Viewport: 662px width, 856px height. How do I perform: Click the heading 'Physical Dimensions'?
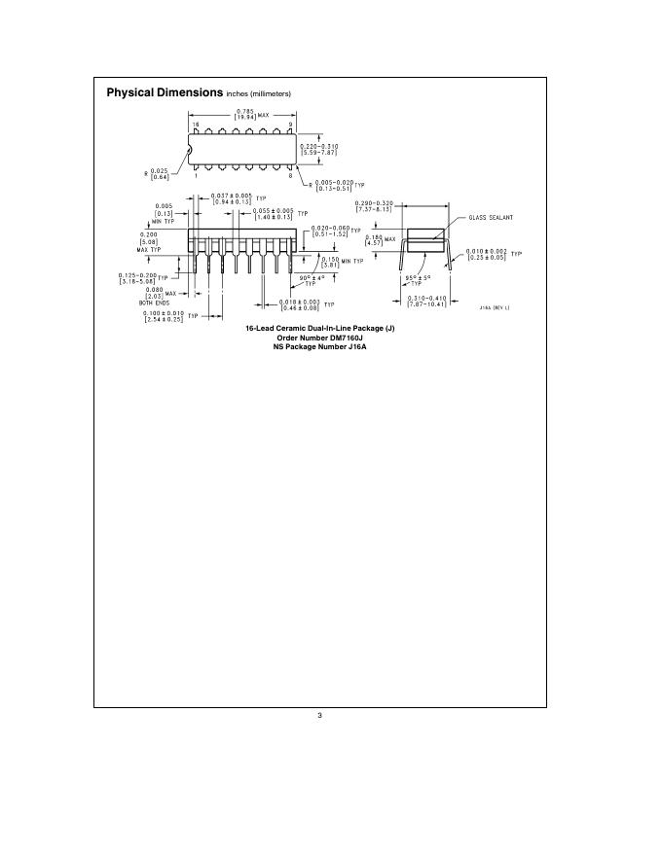(x=164, y=92)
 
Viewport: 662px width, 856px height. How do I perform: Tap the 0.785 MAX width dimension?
(x=244, y=115)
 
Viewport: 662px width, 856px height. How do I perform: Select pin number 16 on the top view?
(x=195, y=126)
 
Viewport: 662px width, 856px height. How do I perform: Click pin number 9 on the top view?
(x=291, y=126)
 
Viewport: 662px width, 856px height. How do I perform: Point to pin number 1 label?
(x=195, y=176)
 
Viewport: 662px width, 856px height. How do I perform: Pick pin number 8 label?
(x=290, y=176)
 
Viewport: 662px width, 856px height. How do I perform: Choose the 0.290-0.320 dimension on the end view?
(x=373, y=207)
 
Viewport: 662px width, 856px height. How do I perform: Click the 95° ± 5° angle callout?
(x=420, y=280)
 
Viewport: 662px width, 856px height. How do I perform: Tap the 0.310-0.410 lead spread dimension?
(x=426, y=302)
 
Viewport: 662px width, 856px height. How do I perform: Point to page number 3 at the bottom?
(x=319, y=718)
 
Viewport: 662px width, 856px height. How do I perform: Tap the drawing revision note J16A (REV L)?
(x=495, y=307)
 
